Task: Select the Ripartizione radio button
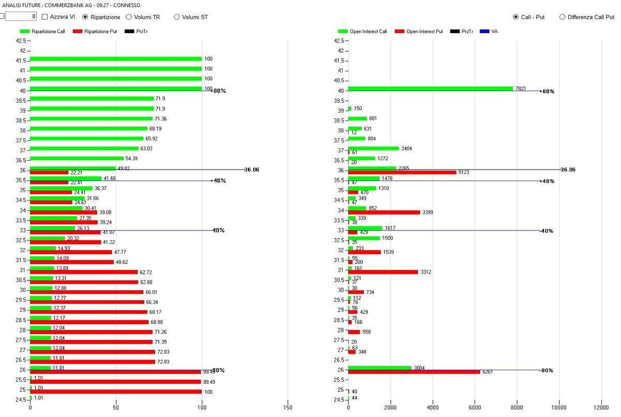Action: [85, 17]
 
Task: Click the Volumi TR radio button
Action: [129, 17]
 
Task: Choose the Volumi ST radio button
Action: [176, 17]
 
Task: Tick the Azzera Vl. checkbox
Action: [45, 17]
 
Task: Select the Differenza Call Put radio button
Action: [562, 17]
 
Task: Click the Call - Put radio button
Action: [515, 17]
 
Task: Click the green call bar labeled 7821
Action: [430, 88]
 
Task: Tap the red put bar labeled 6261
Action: [414, 372]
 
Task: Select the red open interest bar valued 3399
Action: [383, 212]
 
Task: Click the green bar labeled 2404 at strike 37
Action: [373, 148]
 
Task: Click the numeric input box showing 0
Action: [21, 17]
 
